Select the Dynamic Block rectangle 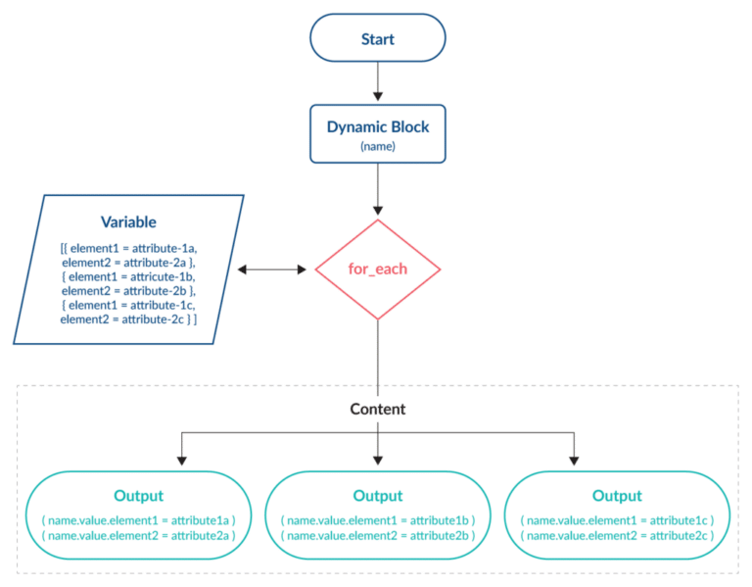[x=377, y=135]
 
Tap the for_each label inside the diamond [x=377, y=269]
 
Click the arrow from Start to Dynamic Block [x=377, y=89]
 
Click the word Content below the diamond [x=377, y=409]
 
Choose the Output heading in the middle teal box [x=377, y=496]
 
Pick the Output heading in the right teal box [x=616, y=496]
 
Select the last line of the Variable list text [x=129, y=319]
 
